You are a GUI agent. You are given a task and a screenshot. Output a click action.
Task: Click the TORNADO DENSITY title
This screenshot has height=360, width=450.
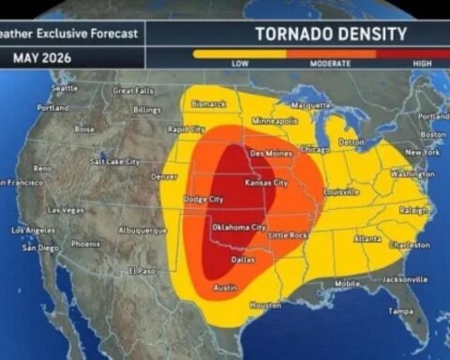point(331,35)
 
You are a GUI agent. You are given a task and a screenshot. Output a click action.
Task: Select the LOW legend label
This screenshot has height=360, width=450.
point(241,63)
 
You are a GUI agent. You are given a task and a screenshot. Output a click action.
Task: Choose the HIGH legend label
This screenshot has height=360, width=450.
point(422,63)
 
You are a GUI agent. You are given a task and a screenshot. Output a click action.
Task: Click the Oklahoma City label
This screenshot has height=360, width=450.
point(240,228)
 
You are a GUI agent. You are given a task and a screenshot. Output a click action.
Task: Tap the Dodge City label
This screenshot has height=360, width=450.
point(202,200)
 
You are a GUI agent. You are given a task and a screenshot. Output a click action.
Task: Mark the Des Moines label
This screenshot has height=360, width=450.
point(270,153)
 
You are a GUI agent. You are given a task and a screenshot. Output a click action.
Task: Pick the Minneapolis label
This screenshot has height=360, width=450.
point(275,121)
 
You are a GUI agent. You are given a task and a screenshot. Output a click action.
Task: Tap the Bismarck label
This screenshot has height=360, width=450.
point(208,103)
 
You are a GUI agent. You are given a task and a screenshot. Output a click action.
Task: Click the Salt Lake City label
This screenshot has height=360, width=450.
point(115,161)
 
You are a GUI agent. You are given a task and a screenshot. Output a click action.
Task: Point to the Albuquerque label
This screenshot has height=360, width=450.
point(142,230)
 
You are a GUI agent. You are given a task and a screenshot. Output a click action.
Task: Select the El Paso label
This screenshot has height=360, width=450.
point(142,271)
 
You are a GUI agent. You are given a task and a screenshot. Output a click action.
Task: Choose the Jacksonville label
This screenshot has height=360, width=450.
point(405,279)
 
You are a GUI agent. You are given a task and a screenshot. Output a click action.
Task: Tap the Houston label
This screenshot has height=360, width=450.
point(265,306)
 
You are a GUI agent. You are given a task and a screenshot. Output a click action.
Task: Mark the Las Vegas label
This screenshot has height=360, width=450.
point(67,209)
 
